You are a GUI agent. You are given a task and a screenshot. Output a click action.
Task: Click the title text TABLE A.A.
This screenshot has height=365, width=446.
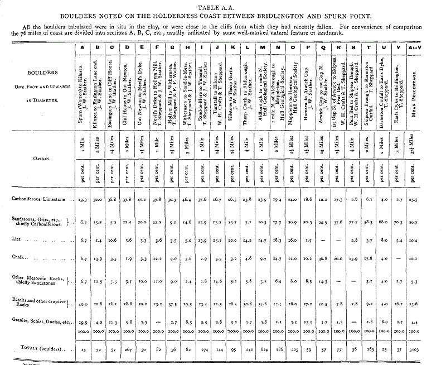tap(222, 6)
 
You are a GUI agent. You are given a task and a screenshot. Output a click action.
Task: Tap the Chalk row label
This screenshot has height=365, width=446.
tap(21, 258)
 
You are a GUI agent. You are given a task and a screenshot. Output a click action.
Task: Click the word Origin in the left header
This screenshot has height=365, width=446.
tap(37, 158)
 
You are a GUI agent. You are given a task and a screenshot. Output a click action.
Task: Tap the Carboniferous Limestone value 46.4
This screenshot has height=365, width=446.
tap(187, 199)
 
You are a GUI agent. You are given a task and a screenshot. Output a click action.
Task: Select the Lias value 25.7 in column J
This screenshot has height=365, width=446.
tap(219, 239)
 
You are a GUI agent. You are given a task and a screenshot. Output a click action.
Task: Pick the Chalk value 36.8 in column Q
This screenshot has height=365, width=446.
tap(322, 258)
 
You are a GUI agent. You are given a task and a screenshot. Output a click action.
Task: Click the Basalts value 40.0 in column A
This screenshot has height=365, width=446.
tap(83, 304)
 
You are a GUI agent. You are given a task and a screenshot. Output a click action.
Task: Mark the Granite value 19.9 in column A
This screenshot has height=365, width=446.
tap(83, 323)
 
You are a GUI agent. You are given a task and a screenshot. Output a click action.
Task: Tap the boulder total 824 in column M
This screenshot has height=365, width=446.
tap(264, 348)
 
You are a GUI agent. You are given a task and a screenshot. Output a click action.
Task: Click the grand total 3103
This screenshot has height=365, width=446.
tap(414, 348)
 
